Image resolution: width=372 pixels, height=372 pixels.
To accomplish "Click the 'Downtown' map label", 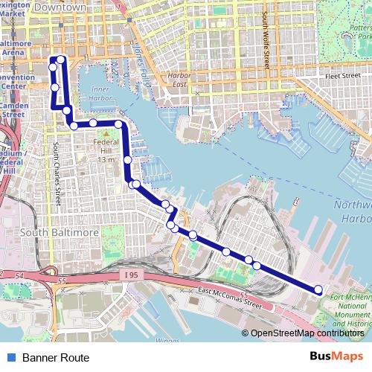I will coord(60,6).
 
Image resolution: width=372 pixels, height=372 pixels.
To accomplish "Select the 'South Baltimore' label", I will coord(60,233).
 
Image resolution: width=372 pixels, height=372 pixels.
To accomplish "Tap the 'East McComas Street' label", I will coord(231,298).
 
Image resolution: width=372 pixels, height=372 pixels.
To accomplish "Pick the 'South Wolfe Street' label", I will coord(265,41).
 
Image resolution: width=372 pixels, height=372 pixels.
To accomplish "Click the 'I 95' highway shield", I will coord(131,275).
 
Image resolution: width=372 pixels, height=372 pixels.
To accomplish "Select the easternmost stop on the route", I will coord(318,289).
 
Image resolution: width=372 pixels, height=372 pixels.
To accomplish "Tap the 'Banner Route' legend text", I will coord(56,358).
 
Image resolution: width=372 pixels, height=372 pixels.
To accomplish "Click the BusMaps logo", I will coord(336,357).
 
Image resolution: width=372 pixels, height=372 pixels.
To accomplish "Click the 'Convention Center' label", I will coord(12,81).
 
